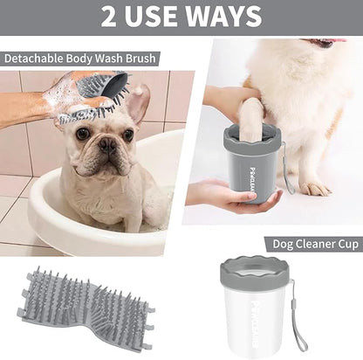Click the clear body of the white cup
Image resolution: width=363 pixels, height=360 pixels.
pyautogui.click(x=258, y=319)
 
